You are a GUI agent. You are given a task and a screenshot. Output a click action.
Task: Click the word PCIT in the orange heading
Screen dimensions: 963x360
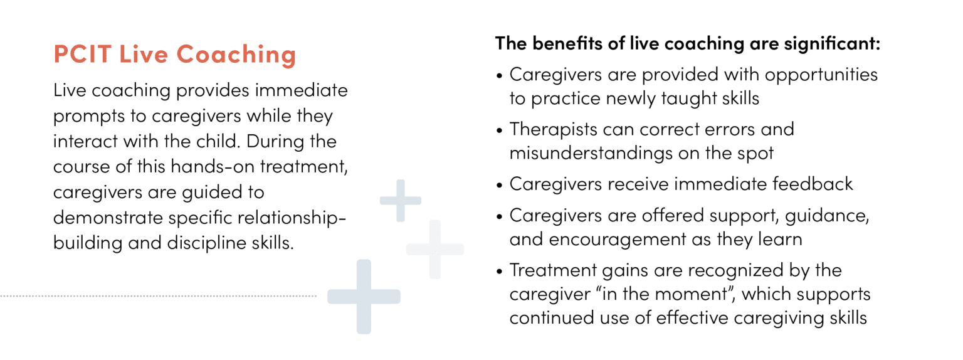click(83, 54)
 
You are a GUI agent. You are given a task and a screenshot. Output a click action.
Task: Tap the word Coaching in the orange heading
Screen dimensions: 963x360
click(236, 55)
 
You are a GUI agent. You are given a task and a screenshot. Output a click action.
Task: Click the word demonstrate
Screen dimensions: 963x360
click(108, 217)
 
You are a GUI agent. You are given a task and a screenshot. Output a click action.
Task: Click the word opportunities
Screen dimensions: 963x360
click(821, 75)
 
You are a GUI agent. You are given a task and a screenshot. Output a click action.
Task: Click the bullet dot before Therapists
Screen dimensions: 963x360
click(499, 130)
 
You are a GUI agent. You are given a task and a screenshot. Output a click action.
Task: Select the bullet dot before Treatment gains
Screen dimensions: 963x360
click(499, 272)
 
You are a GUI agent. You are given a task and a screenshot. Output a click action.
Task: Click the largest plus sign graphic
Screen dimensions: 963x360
click(364, 297)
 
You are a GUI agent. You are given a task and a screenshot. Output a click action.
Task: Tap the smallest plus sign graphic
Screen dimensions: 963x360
click(401, 201)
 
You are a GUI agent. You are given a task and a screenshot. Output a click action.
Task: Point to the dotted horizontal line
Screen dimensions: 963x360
click(158, 296)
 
